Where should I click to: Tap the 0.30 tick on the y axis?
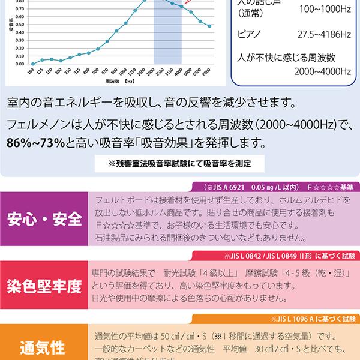[20, 40]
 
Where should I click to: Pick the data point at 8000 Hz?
[209, 26]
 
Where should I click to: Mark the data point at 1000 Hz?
[126, 23]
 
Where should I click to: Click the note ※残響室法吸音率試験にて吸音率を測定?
[180, 163]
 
